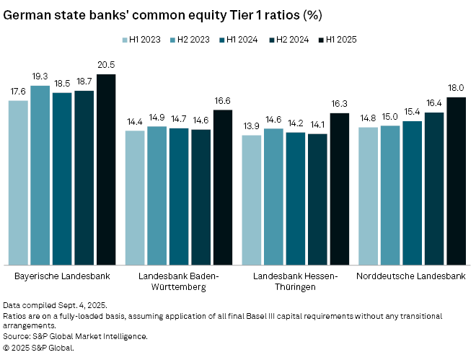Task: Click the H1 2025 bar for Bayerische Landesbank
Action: point(106,170)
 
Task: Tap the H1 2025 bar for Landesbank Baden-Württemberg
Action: point(223,188)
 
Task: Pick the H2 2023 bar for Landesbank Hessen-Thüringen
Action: point(274,197)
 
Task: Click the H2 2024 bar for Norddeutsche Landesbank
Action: point(434,189)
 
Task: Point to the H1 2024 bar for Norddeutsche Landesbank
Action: point(413,193)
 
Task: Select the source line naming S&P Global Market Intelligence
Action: point(76,336)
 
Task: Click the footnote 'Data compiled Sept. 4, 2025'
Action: point(48,306)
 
